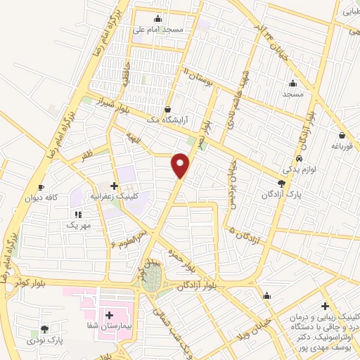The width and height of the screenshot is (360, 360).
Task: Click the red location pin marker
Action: (181, 166)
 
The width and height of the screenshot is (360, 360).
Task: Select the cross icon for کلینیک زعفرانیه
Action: (114, 186)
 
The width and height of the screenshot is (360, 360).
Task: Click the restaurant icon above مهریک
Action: (75, 214)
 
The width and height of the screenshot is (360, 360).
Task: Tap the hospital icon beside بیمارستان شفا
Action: (109, 315)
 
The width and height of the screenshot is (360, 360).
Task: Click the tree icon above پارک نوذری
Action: (44, 329)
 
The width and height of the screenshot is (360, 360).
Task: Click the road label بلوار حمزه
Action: (180, 259)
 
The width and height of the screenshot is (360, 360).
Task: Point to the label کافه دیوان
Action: (41, 198)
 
